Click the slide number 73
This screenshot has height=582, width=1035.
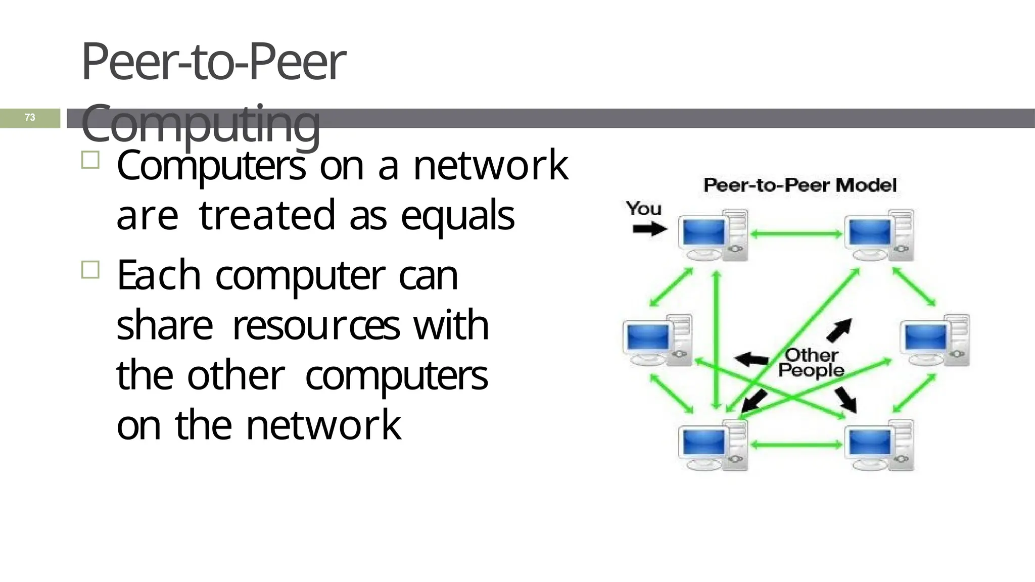pyautogui.click(x=30, y=117)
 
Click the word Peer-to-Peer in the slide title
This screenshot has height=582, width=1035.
pyautogui.click(x=213, y=62)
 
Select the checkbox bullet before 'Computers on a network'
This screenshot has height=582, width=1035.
pyautogui.click(x=90, y=160)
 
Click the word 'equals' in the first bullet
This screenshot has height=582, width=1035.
pyautogui.click(x=457, y=216)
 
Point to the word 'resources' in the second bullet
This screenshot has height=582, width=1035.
pyautogui.click(x=316, y=325)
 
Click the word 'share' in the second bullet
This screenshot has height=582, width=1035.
pyautogui.click(x=164, y=325)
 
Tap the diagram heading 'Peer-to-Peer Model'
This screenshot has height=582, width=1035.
pyautogui.click(x=799, y=185)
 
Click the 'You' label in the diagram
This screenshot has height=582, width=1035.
pyautogui.click(x=643, y=208)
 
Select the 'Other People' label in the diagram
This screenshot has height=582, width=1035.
pyautogui.click(x=811, y=363)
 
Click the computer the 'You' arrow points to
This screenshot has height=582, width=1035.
pyautogui.click(x=713, y=235)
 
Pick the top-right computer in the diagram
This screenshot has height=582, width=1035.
pyautogui.click(x=879, y=235)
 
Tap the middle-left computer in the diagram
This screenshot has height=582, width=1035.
pyautogui.click(x=657, y=339)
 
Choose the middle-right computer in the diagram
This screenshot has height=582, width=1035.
pyautogui.click(x=935, y=339)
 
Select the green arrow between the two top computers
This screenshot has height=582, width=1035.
pyautogui.click(x=796, y=234)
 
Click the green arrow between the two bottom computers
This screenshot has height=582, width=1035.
pyautogui.click(x=796, y=445)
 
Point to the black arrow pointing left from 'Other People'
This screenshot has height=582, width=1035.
pyautogui.click(x=751, y=360)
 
